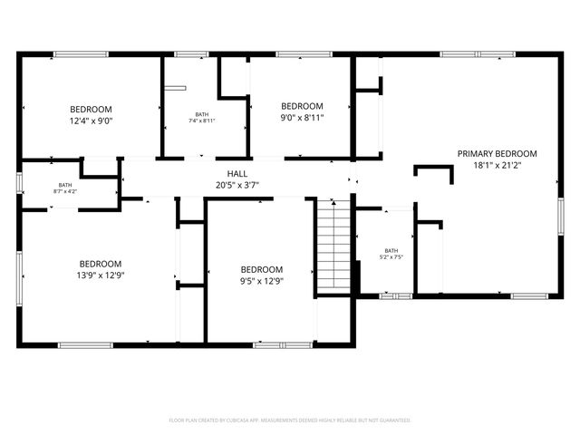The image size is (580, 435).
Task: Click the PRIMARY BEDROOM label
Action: click(x=497, y=154)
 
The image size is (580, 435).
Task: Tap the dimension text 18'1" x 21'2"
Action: click(x=497, y=166)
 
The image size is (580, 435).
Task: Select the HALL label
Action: click(x=237, y=174)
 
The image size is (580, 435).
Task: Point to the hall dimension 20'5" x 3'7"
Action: click(x=237, y=185)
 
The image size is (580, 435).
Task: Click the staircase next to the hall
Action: click(x=333, y=247)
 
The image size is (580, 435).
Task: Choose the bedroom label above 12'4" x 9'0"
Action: click(x=91, y=109)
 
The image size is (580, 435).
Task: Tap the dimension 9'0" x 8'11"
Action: click(x=302, y=117)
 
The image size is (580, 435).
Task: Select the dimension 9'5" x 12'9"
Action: click(x=261, y=281)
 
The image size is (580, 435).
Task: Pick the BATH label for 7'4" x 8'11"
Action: click(x=201, y=114)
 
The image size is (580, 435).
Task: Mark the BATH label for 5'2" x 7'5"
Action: click(x=391, y=251)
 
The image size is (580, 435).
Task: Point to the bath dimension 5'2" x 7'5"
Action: click(x=391, y=257)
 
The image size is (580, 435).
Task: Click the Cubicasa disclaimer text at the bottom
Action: click(x=290, y=420)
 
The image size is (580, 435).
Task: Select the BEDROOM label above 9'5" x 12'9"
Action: click(x=261, y=269)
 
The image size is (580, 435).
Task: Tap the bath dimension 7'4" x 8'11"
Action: click(x=201, y=121)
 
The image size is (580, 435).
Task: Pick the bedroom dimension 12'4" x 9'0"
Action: click(x=91, y=121)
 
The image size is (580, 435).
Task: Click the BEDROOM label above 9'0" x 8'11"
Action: click(x=302, y=105)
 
